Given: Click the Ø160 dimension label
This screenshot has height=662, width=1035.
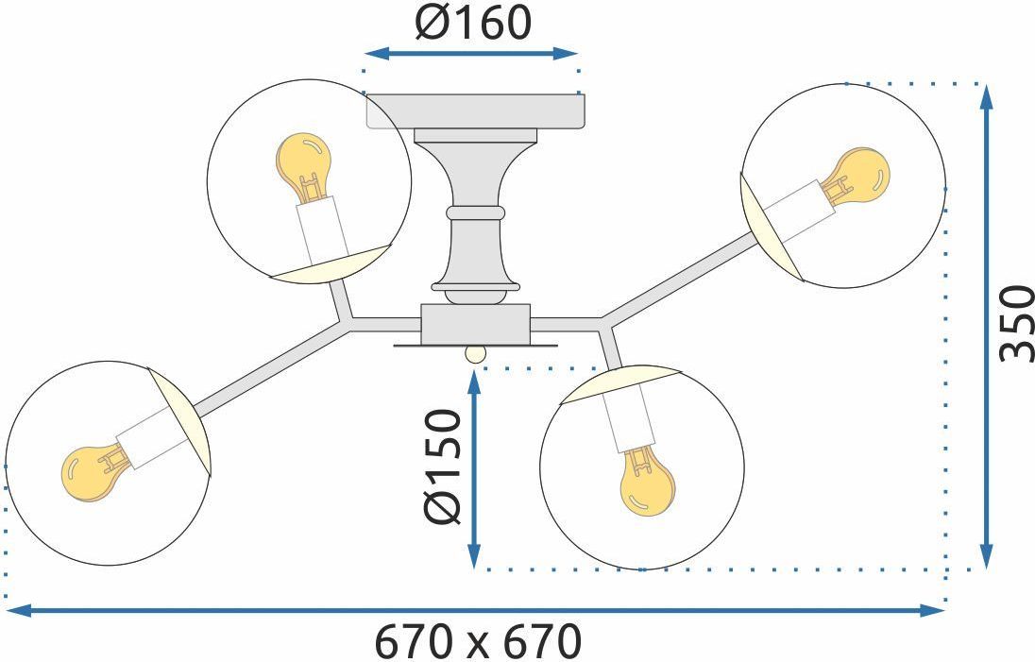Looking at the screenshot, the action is pyautogui.click(x=472, y=23).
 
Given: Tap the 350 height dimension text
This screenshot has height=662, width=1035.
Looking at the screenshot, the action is pyautogui.click(x=1016, y=323).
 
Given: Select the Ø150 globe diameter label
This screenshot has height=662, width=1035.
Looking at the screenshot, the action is pyautogui.click(x=442, y=467).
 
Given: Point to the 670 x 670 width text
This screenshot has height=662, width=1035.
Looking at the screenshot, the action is pyautogui.click(x=479, y=641).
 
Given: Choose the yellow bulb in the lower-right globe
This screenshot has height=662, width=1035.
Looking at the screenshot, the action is pyautogui.click(x=647, y=480).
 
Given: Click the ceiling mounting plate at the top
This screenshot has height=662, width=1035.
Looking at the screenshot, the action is pyautogui.click(x=475, y=110).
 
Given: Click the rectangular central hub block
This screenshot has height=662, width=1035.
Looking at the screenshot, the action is pyautogui.click(x=475, y=323).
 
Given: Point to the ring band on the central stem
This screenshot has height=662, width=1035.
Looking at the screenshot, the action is pyautogui.click(x=475, y=212).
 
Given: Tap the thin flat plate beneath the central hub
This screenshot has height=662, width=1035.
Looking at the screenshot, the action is pyautogui.click(x=475, y=346).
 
